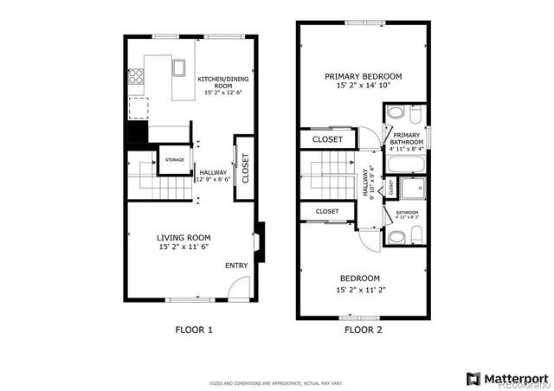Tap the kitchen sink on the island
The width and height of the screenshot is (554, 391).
tap(179, 67)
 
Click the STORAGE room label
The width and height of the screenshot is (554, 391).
tap(175, 159)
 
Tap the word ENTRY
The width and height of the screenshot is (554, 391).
tap(236, 266)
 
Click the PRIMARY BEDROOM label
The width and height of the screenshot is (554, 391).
tap(363, 76)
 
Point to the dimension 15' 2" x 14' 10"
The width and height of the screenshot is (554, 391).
tap(363, 87)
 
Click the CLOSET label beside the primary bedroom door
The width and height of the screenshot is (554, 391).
tap(327, 139)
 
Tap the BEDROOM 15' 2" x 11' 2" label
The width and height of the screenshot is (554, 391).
tap(360, 283)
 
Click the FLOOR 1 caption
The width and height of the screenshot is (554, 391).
tap(193, 330)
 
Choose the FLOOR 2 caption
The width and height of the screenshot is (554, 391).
tap(364, 330)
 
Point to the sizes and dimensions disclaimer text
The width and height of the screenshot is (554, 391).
tap(276, 382)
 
